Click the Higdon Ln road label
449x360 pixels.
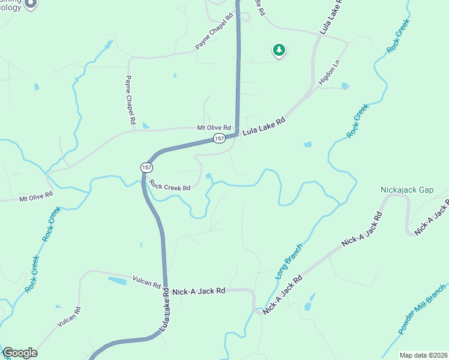click(329, 71)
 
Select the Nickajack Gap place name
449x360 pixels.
click(407, 190)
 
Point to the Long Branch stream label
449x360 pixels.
click(289, 262)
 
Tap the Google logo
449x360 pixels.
click(20, 353)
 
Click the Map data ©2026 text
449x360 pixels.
click(422, 355)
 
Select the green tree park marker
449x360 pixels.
click(279, 50)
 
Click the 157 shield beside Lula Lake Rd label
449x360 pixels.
click(219, 139)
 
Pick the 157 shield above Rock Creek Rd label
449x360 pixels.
click(147, 167)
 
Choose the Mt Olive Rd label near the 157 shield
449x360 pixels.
click(214, 128)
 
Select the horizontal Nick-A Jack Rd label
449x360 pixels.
click(199, 291)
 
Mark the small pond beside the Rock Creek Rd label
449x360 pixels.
click(208, 176)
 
